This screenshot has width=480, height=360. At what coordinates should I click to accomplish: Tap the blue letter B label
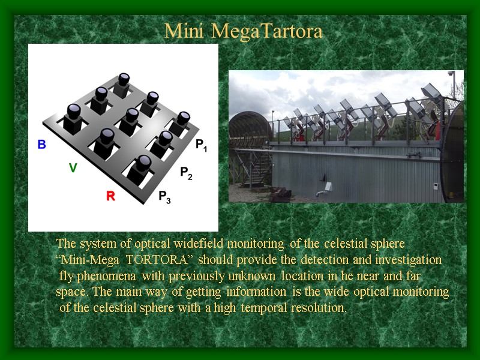click(41, 144)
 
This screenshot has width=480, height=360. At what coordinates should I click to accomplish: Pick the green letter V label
click(73, 169)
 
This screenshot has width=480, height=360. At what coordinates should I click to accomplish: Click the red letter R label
click(110, 196)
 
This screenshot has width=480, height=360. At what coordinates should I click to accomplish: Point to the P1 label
click(201, 145)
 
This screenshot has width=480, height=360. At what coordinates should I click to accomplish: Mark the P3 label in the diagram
click(164, 197)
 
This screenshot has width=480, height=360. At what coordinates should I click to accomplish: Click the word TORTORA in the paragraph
click(165, 260)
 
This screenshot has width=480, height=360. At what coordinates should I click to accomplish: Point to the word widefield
click(197, 244)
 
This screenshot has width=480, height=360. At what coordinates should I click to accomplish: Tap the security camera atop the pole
click(451, 73)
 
